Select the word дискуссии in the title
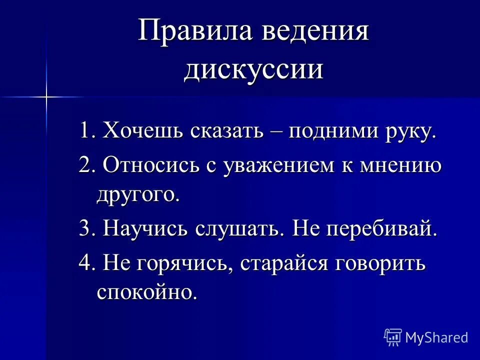click(x=253, y=68)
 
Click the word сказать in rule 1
click(x=226, y=132)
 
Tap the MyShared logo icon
click(x=392, y=337)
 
